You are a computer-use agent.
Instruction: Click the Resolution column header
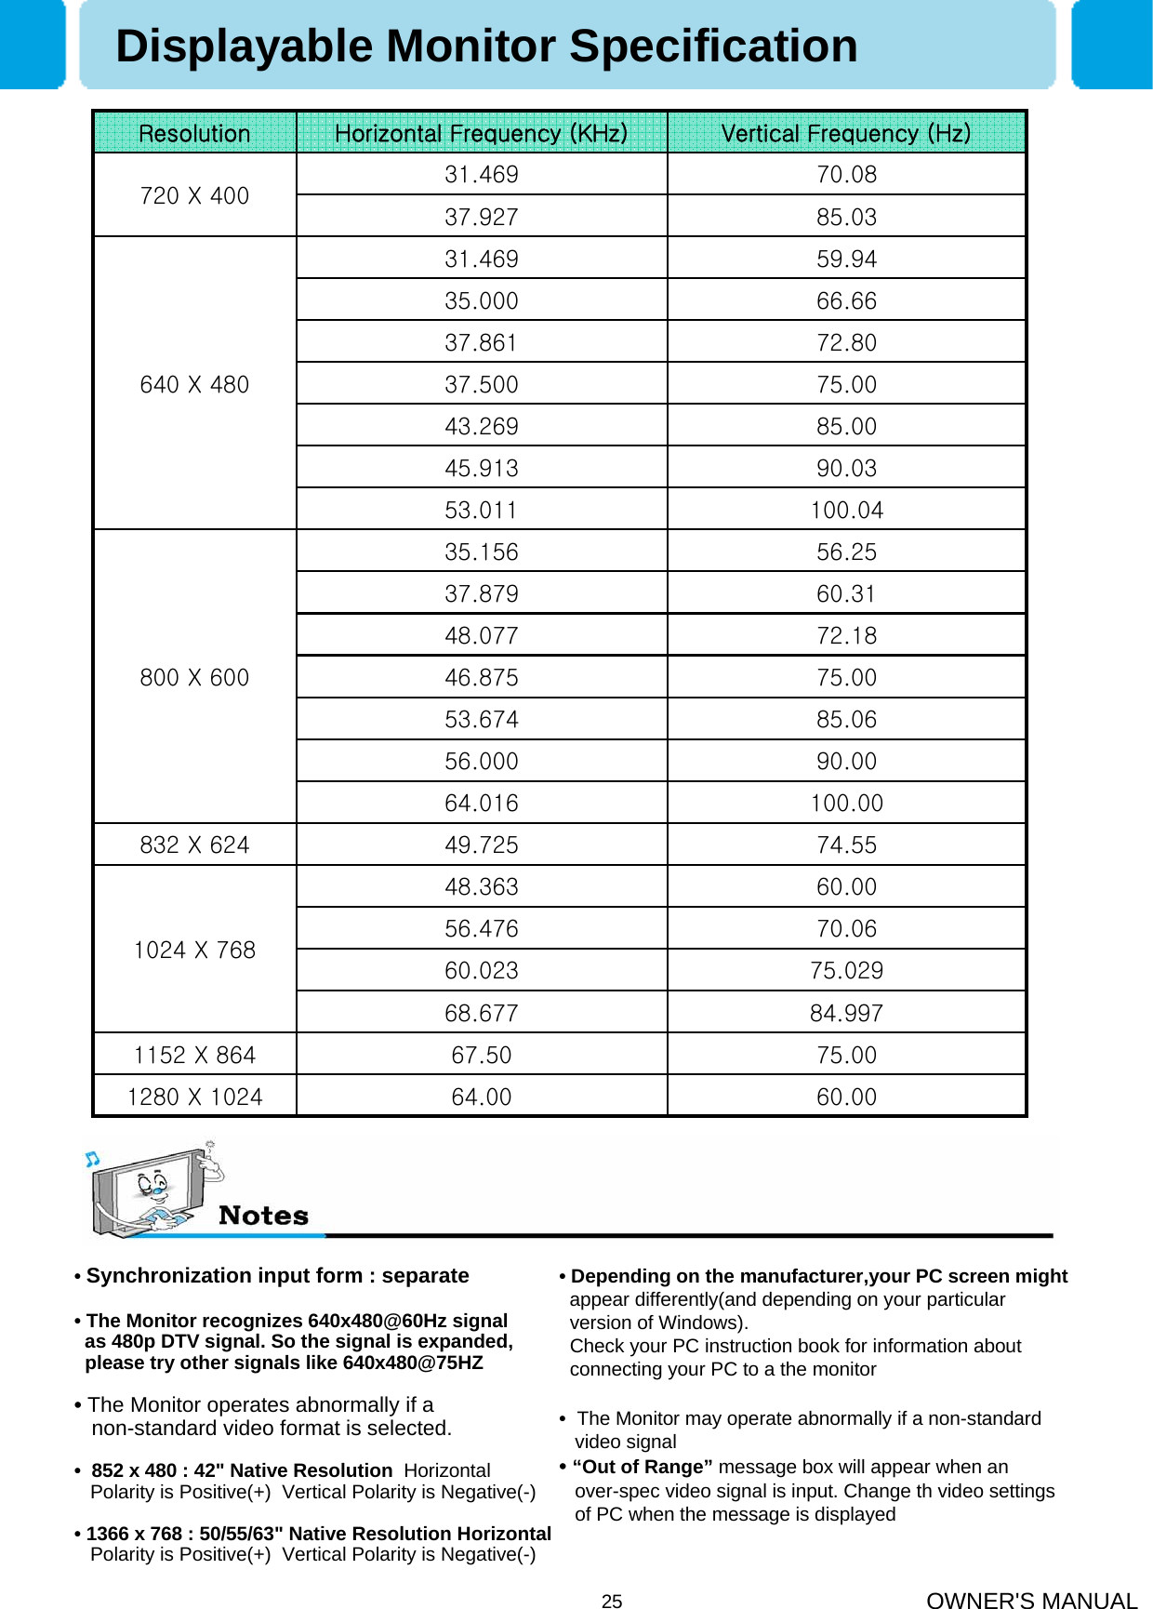[194, 134]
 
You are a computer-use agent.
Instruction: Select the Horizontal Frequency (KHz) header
[481, 134]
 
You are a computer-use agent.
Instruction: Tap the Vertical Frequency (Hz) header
[845, 134]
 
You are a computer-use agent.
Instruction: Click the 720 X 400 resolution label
[194, 195]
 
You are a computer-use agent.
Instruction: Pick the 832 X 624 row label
[194, 844]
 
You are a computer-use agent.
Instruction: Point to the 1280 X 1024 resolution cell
[194, 1097]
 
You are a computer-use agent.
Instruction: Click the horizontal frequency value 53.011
[481, 510]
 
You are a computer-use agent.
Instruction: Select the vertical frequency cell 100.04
[846, 510]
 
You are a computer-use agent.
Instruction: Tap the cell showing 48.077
[481, 635]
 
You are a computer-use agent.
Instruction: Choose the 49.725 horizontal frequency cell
[481, 844]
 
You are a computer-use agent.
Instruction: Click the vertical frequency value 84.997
[846, 1013]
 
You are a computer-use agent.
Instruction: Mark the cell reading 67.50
[481, 1055]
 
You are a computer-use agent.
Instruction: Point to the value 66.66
[846, 300]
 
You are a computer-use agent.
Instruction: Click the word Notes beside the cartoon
[263, 1216]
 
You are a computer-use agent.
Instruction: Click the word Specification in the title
[713, 47]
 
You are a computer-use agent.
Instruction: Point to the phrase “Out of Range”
[643, 1467]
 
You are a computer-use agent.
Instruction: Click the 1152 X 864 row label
[194, 1055]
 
